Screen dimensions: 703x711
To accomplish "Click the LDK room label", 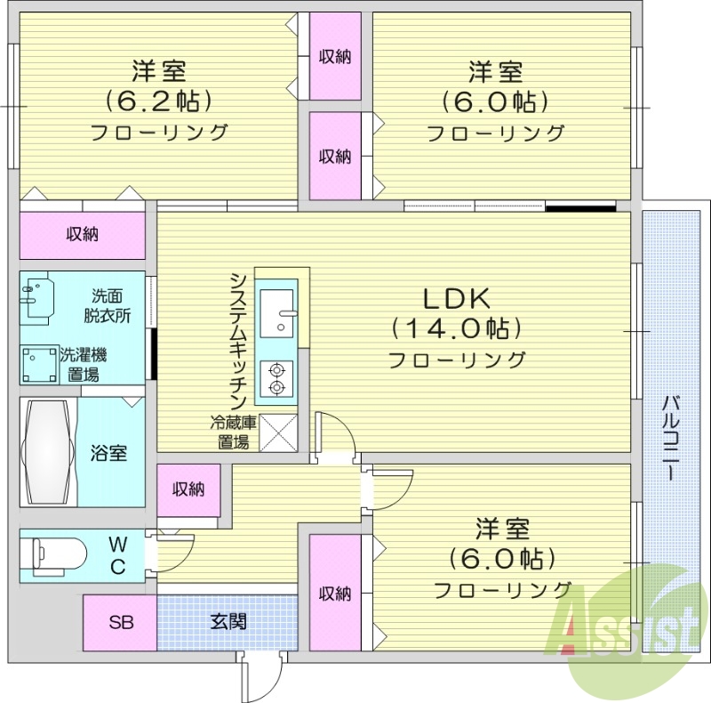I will click(x=456, y=298).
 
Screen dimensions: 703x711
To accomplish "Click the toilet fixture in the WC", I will click(x=58, y=554).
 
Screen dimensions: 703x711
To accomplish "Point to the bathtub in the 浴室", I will click(x=48, y=452).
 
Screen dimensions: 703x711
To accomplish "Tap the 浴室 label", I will click(x=108, y=452).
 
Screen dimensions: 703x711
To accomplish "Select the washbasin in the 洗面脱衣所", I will click(x=38, y=297).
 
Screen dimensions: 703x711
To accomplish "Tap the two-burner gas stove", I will click(x=276, y=378).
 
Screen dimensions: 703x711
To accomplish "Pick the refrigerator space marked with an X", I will click(x=276, y=434).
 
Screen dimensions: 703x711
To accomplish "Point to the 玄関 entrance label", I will click(x=228, y=622).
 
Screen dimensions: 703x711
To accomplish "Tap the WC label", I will click(x=116, y=554).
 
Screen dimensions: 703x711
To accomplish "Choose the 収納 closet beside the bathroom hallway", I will click(x=188, y=489).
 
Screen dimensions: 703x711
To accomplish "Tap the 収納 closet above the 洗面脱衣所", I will click(x=82, y=235).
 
